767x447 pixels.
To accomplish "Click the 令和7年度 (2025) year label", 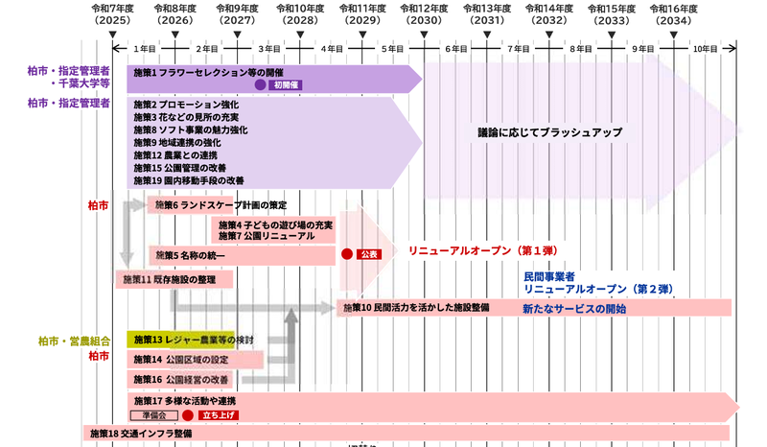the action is (112, 14).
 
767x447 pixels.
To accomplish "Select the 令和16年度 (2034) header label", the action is (674, 14).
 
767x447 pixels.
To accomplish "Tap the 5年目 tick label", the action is (393, 49).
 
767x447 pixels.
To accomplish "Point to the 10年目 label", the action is (706, 49).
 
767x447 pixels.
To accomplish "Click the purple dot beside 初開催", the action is (260, 84).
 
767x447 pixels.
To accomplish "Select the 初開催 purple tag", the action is (286, 85).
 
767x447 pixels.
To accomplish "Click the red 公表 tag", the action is (369, 254).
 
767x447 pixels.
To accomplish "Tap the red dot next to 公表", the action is (347, 254).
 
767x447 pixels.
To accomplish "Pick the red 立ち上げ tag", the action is (219, 415).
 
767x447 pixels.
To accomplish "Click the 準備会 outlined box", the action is (154, 415).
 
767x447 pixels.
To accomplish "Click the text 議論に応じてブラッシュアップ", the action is (550, 132).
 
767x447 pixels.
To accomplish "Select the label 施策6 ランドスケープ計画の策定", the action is (221, 205).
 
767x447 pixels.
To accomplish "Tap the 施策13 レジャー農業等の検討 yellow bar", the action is (180, 340).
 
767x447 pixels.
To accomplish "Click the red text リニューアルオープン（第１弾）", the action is (483, 250).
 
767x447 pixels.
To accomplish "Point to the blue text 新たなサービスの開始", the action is (574, 309).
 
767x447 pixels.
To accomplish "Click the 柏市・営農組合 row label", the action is (75, 341).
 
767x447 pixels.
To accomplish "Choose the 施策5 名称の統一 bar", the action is (243, 255).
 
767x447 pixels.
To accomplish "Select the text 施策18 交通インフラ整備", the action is (141, 434).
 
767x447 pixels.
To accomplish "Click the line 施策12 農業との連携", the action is (175, 155).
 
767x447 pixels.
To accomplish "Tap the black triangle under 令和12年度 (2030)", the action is (424, 35).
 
